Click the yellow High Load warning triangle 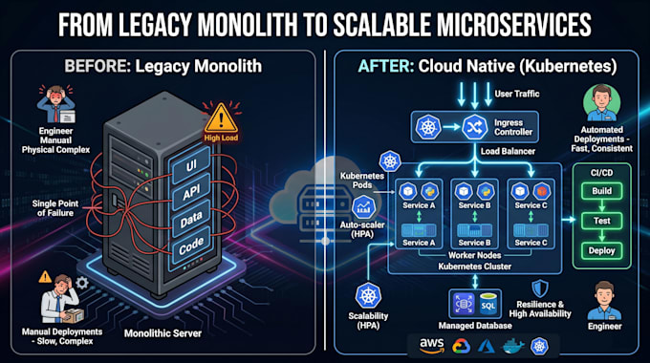221,118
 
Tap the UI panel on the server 191,165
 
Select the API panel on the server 191,191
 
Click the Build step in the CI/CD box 601,191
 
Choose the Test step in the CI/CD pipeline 601,221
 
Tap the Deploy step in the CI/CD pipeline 601,250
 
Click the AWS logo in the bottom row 431,345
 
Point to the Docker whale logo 512,346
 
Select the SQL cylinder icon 487,304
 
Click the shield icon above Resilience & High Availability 540,288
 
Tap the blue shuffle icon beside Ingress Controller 475,127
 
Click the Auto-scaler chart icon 363,207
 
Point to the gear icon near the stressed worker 81,283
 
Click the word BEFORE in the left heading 97,66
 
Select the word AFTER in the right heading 385,66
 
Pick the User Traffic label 517,94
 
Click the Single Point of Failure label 55,208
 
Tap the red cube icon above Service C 541,191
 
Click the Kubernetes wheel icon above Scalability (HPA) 368,296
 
